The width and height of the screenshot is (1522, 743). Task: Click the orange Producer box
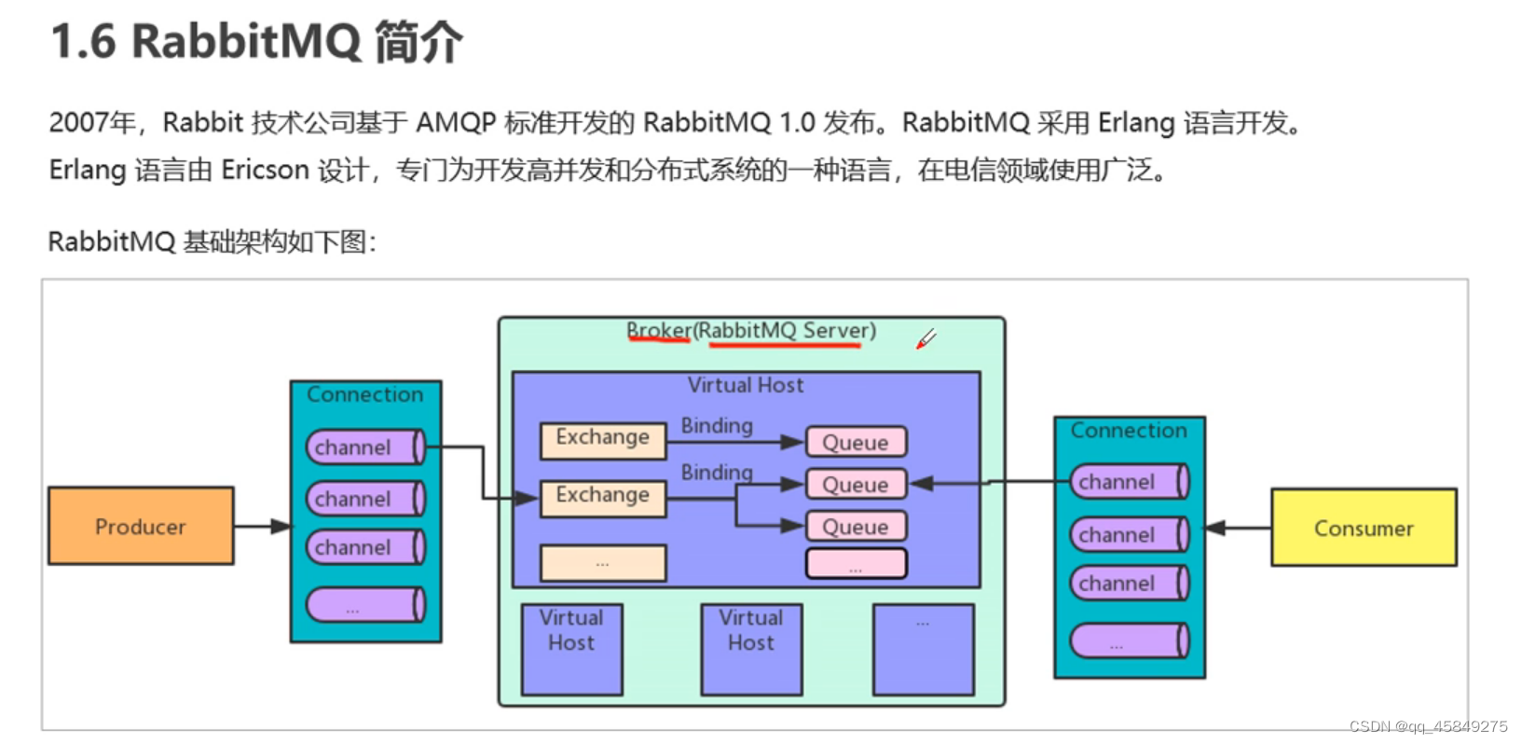pyautogui.click(x=141, y=526)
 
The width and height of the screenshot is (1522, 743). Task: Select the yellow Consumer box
pyautogui.click(x=1363, y=528)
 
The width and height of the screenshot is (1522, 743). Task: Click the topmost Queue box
pyautogui.click(x=856, y=442)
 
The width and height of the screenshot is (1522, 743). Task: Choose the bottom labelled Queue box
pyautogui.click(x=856, y=527)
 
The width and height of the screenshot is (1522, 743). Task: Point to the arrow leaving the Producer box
pyautogui.click(x=262, y=527)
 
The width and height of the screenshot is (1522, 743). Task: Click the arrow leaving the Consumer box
pyautogui.click(x=1238, y=529)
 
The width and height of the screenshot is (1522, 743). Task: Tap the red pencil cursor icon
pyautogui.click(x=925, y=339)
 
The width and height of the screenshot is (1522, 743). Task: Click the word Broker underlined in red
pyautogui.click(x=658, y=331)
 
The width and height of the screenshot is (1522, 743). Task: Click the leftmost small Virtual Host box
pyautogui.click(x=571, y=649)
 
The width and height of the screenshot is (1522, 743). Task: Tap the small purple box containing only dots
pyautogui.click(x=923, y=649)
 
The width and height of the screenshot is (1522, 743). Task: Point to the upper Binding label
pyautogui.click(x=717, y=425)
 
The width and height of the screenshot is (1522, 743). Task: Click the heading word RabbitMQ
pyautogui.click(x=246, y=42)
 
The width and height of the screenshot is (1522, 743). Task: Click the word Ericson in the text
pyautogui.click(x=265, y=170)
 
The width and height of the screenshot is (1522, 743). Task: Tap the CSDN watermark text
pyautogui.click(x=1427, y=726)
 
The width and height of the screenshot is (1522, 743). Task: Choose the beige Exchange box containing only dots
pyautogui.click(x=603, y=563)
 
